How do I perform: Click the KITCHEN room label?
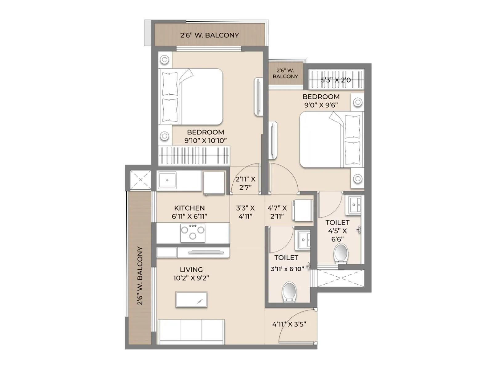pos(189,208)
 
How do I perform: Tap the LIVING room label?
pos(191,270)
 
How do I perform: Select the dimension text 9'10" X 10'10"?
pos(206,141)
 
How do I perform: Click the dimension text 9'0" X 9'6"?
pos(321,105)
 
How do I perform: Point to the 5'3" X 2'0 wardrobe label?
pos(336,80)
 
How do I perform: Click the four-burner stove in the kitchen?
pos(193,233)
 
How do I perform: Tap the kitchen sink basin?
pos(167,180)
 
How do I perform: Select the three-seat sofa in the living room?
pos(191,331)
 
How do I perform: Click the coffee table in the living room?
pos(191,299)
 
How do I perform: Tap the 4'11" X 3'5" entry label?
pos(289,324)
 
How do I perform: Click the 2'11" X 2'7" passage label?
pos(245,183)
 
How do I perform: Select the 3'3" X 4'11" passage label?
pos(245,212)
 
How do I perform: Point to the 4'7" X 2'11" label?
pos(277,212)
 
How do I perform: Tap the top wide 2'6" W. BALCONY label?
pos(210,35)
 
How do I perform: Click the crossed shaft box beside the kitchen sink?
pos(141,180)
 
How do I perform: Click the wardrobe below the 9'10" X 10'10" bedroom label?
pos(194,155)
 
